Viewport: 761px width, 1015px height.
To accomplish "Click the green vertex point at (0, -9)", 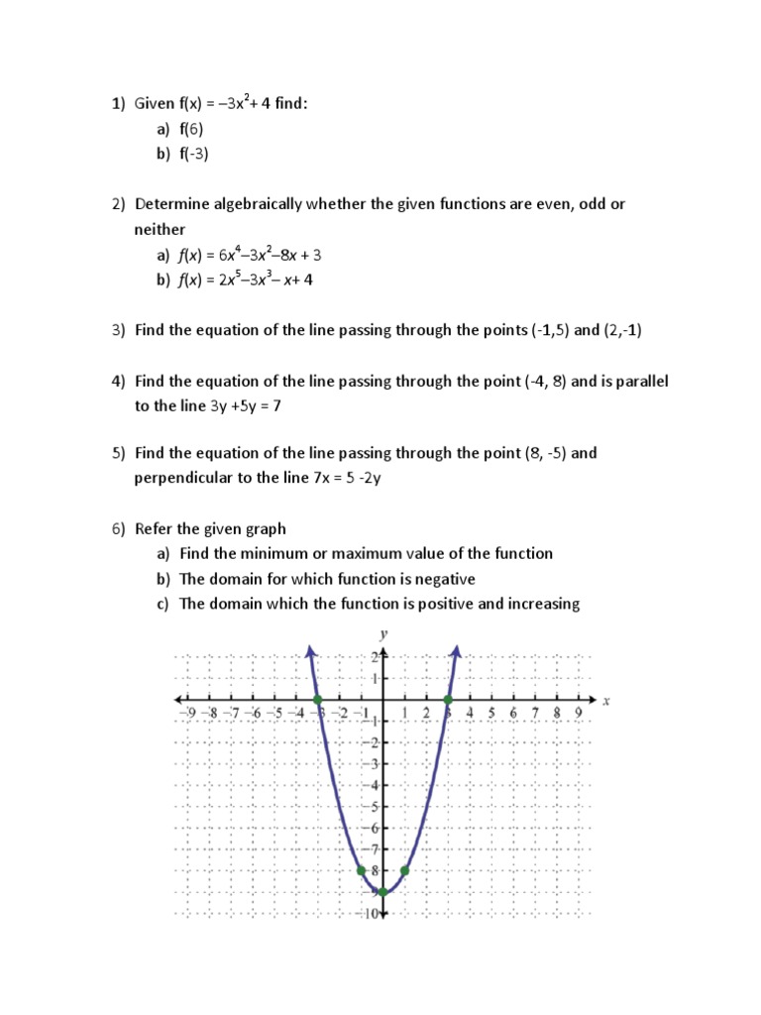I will [x=382, y=892].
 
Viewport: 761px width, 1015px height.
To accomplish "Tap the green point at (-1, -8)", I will [x=361, y=870].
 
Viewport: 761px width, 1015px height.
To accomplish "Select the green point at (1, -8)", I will [x=404, y=870].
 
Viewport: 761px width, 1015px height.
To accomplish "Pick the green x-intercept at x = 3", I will [x=448, y=699].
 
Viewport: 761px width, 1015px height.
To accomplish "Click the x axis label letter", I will [x=605, y=700].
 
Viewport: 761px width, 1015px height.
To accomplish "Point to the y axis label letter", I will [x=383, y=632].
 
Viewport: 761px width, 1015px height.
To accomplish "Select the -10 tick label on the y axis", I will [x=369, y=913].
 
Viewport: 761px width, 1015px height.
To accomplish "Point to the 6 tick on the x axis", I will [x=513, y=713].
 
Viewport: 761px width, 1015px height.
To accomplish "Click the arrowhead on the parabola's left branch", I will [x=311, y=649].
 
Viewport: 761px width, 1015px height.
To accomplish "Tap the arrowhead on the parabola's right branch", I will [x=456, y=649].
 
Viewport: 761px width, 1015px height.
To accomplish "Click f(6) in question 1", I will [x=194, y=129].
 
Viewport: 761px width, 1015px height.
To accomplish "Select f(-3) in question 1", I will [x=196, y=154].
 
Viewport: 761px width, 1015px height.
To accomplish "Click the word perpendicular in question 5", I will [x=183, y=478].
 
